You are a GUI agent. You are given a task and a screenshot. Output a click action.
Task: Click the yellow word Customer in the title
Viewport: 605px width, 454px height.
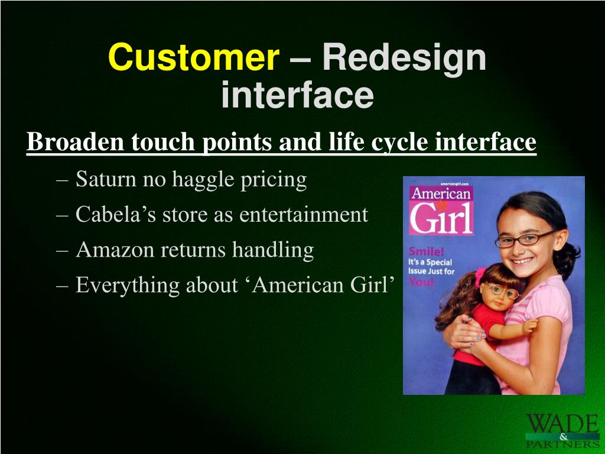click(x=194, y=58)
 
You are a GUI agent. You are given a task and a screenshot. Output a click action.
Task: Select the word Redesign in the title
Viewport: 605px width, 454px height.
click(x=404, y=58)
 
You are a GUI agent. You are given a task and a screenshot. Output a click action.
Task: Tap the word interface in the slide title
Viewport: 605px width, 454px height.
click(x=297, y=95)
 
